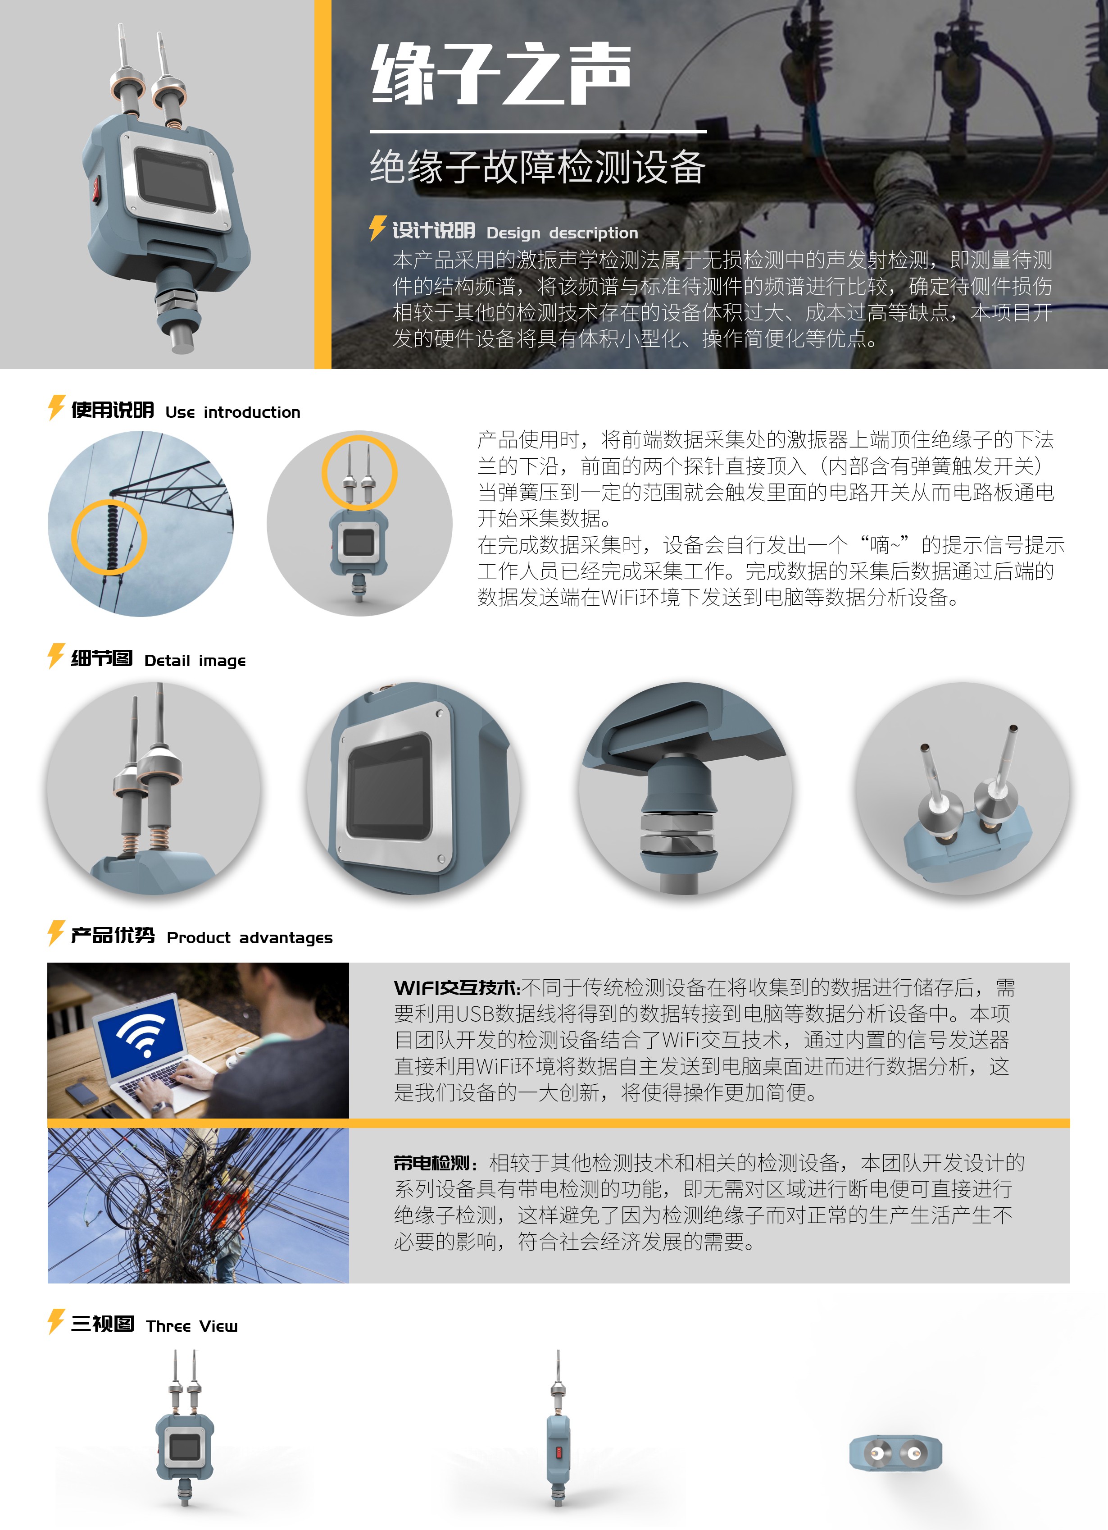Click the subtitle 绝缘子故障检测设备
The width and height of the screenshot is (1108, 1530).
click(537, 167)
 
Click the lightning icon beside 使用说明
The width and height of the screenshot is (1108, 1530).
click(56, 407)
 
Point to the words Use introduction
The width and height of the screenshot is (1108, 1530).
click(233, 412)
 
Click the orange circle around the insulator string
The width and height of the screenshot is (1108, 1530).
click(109, 537)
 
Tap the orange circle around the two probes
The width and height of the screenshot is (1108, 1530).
click(359, 472)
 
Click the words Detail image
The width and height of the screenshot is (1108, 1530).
click(195, 660)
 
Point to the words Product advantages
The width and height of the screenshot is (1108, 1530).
click(250, 938)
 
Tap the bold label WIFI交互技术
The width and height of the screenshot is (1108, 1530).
click(457, 988)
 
